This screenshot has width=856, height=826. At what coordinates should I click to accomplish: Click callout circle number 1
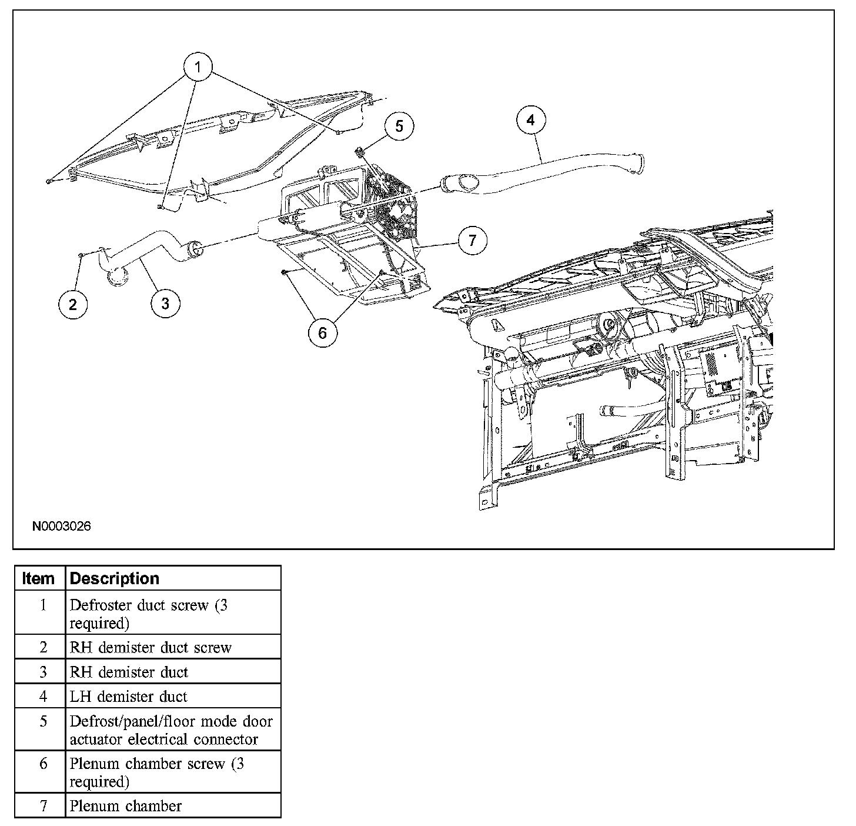point(198,67)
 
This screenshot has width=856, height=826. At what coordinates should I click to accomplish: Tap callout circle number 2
point(73,304)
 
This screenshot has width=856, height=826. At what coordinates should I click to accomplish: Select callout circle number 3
point(165,304)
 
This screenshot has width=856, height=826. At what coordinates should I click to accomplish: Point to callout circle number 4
point(531,121)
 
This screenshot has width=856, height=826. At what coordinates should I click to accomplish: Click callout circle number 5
point(399,126)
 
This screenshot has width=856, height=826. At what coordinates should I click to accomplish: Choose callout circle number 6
point(322,332)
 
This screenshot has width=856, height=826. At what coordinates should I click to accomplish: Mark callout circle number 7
point(472,240)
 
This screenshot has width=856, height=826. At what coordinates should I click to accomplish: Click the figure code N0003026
point(62,527)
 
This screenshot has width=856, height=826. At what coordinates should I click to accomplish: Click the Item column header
point(39,578)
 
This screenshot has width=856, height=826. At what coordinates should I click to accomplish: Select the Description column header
point(115,578)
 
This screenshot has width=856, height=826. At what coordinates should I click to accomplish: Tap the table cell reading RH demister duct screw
point(151,648)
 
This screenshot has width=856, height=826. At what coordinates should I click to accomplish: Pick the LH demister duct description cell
point(128,697)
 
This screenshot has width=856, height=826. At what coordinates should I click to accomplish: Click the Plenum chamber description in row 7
point(126,805)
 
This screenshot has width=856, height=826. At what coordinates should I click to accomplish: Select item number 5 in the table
point(44,721)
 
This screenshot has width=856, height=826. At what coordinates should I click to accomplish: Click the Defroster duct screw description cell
point(148,614)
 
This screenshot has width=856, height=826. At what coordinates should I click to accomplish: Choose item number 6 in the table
point(44,764)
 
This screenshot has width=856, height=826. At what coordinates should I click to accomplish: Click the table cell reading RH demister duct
point(129,672)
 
